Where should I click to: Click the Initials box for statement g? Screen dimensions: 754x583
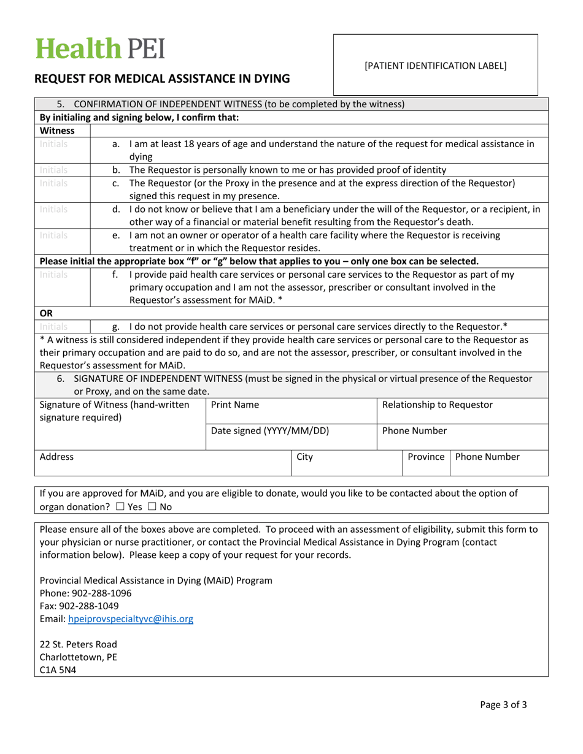[x=53, y=323]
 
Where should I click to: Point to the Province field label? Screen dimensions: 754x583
[x=425, y=457]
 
